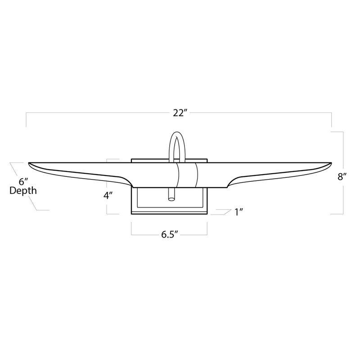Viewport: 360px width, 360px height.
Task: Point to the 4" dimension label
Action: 108,195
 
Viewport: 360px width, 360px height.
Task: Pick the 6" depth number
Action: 23,182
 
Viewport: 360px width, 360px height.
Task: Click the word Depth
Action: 23,191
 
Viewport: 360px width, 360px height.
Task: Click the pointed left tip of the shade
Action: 30,163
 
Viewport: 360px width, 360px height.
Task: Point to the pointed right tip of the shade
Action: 330,163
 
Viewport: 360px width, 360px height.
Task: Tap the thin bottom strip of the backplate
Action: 169,211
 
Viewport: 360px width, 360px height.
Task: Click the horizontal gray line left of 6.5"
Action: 143,234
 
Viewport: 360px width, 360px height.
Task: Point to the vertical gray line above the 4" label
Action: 107,173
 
